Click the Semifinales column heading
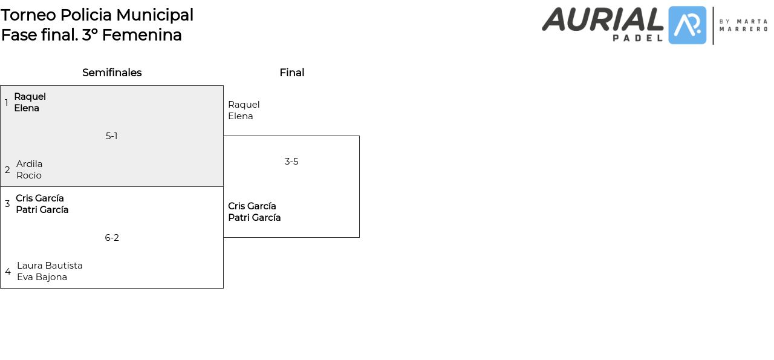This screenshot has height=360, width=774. coord(112,73)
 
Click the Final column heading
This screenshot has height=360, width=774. coord(291,73)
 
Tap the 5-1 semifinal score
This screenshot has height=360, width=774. coord(111,136)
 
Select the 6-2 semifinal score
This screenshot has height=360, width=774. coord(112,238)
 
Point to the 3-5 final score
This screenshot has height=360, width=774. coord(291,162)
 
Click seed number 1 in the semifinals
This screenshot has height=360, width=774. coord(6,103)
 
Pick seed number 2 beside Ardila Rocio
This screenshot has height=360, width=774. coord(7,170)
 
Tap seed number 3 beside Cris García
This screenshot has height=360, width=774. coord(7,204)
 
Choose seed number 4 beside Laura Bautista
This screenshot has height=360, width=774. coord(8,272)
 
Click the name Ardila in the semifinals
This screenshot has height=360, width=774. coord(29,164)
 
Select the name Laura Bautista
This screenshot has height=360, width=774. coord(50,266)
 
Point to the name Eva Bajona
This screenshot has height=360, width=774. coord(42,277)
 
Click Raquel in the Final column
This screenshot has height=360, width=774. coord(244,105)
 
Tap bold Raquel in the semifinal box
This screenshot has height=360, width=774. coord(30,97)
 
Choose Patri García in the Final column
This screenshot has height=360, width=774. coord(254,218)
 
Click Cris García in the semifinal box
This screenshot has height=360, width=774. coord(40,198)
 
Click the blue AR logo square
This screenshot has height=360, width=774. coord(687,25)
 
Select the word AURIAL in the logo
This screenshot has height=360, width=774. coord(602,19)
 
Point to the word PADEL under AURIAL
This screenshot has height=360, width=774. coord(638,38)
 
